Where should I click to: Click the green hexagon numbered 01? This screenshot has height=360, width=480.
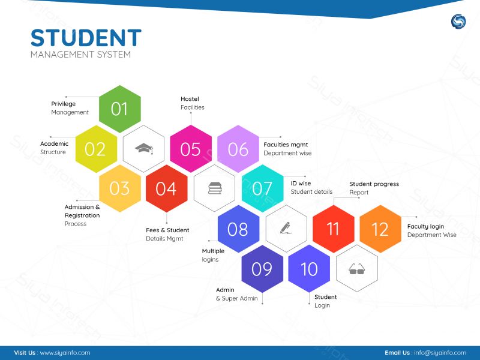tap(119, 109)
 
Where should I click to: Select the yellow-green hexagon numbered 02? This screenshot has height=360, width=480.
tap(96, 149)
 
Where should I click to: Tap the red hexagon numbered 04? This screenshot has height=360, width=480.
tap(167, 188)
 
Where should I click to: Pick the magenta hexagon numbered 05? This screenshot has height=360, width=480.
tap(191, 149)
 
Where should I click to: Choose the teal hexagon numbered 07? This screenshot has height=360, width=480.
tap(262, 188)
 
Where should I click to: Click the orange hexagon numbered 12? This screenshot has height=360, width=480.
tap(380, 229)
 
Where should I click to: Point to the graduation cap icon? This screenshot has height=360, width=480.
tap(144, 148)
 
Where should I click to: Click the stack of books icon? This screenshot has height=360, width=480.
tap(215, 188)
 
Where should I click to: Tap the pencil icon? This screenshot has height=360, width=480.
tap(286, 228)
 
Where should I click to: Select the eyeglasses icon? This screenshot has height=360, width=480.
tap(356, 269)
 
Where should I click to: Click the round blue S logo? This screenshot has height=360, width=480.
tap(458, 22)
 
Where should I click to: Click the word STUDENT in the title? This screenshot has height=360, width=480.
tap(86, 38)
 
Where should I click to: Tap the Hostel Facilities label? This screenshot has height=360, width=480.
tap(192, 103)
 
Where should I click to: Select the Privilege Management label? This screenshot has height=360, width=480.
tap(70, 108)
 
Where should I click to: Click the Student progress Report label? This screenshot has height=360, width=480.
tap(374, 188)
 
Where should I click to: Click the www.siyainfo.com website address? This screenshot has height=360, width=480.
tap(65, 353)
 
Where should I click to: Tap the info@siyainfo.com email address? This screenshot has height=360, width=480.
tap(440, 353)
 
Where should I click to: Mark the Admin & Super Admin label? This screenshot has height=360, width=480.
tap(236, 294)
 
